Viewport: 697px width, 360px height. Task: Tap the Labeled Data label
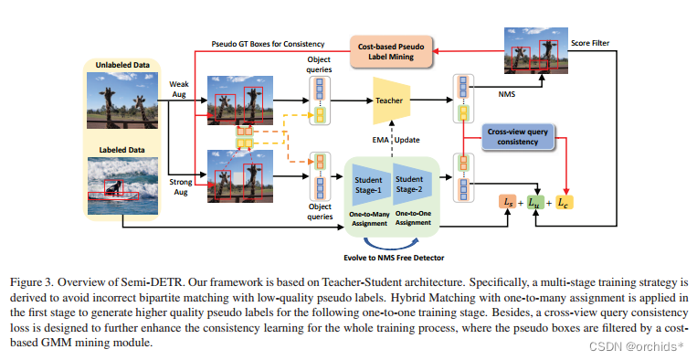[x=121, y=148]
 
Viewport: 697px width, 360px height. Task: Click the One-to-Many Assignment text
[x=371, y=217]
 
